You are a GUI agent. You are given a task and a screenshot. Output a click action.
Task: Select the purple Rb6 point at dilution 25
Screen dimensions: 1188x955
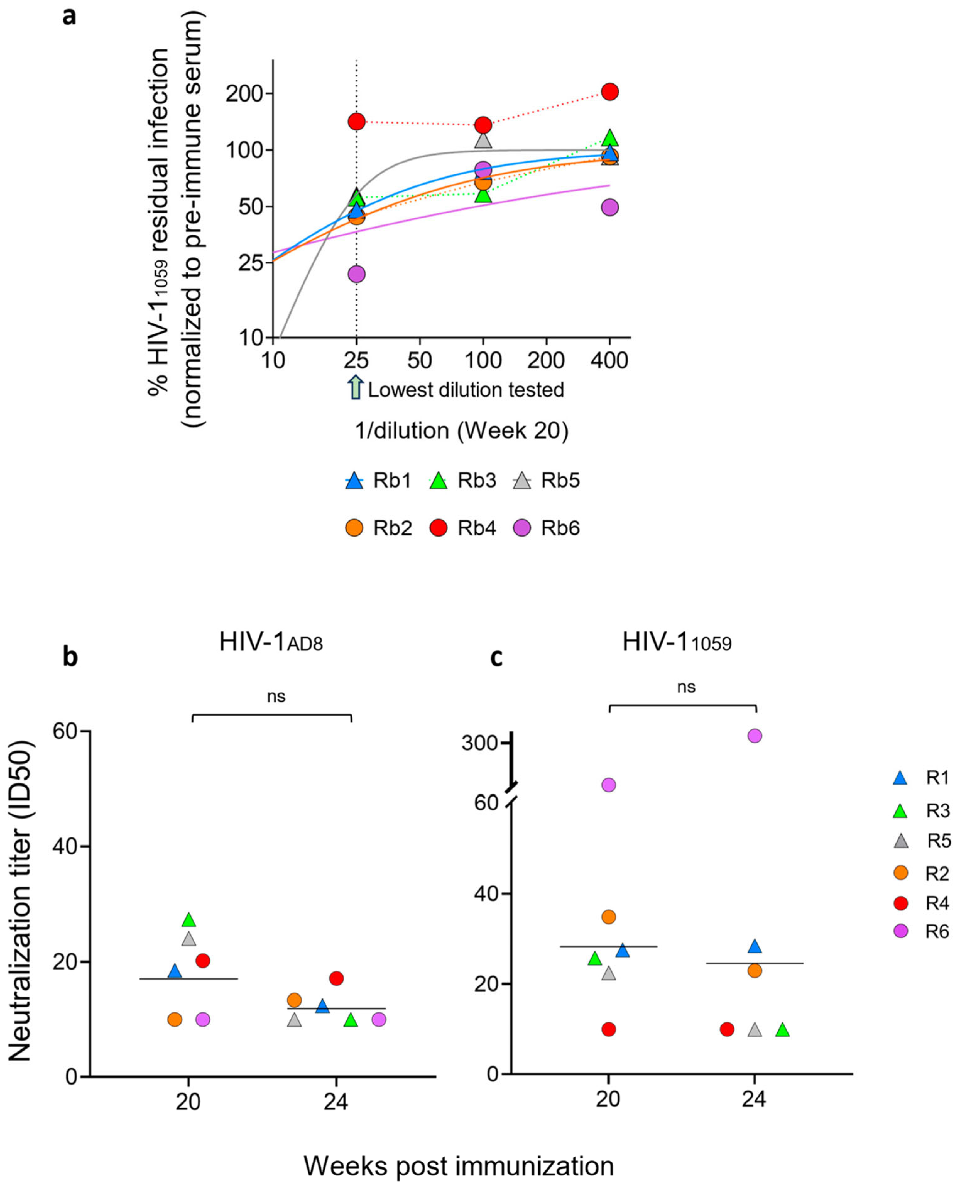[356, 274]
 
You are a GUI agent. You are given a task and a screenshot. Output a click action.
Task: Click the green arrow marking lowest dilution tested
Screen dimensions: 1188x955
[356, 387]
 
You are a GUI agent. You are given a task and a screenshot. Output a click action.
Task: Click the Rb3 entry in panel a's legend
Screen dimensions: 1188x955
[463, 480]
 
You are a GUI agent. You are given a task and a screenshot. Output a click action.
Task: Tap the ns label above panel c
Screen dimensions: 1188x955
[686, 687]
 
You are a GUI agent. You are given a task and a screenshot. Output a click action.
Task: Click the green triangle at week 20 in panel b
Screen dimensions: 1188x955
[189, 920]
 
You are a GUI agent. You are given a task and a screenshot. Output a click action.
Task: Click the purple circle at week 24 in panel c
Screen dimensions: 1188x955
[755, 736]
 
